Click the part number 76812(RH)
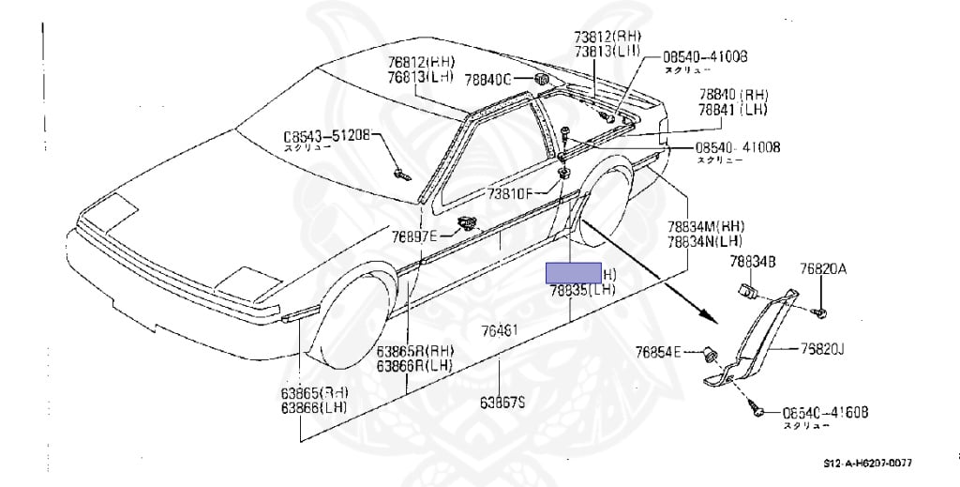pyautogui.click(x=419, y=63)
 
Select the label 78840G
pyautogui.click(x=512, y=80)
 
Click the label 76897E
pyautogui.click(x=414, y=236)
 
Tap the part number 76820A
pyautogui.click(x=823, y=268)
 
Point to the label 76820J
pyautogui.click(x=822, y=349)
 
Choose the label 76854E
pyautogui.click(x=658, y=352)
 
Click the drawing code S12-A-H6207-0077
pyautogui.click(x=867, y=462)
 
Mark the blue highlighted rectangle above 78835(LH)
pyautogui.click(x=576, y=273)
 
